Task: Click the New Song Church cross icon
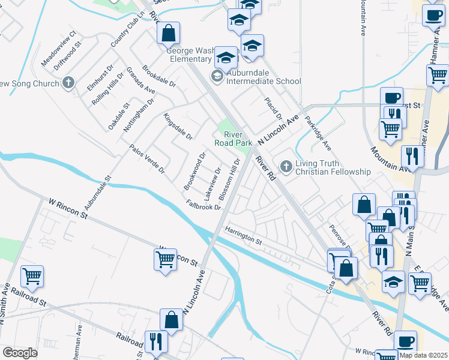click(x=69, y=83)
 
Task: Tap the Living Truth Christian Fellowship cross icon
click(x=286, y=167)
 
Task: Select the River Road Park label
click(x=234, y=139)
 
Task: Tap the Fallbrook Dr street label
click(x=204, y=205)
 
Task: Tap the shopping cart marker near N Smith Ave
click(x=32, y=277)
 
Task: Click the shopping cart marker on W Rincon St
click(x=165, y=260)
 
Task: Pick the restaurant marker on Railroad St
click(x=156, y=341)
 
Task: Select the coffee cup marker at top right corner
click(x=433, y=16)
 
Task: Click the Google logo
click(x=20, y=353)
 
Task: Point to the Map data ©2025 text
click(x=423, y=355)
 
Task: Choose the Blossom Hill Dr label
click(x=230, y=179)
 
